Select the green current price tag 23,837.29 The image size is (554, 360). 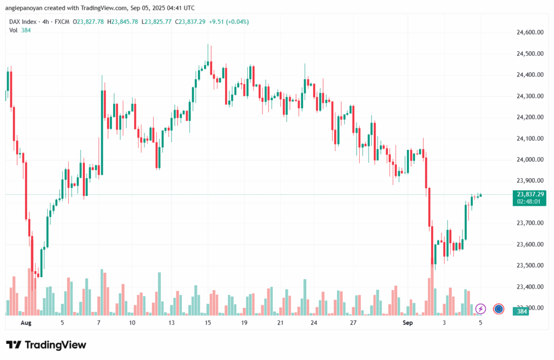click(530, 194)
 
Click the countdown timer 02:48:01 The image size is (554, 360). click(530, 201)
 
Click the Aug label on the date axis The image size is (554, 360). click(26, 323)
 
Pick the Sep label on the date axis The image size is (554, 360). click(408, 323)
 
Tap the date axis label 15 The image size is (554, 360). click(208, 323)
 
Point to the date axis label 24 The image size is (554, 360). click(314, 323)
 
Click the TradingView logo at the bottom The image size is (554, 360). click(46, 345)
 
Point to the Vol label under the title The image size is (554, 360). click(14, 30)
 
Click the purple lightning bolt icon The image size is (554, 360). click(480, 309)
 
